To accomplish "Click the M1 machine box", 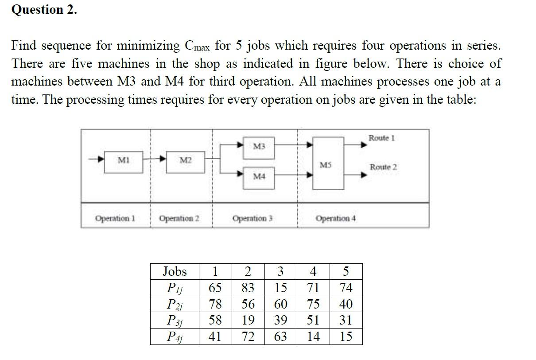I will tap(124, 162).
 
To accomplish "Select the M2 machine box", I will tap(185, 162).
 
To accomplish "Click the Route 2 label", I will tap(384, 167).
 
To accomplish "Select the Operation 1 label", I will tap(115, 218).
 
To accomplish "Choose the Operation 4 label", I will tap(335, 218).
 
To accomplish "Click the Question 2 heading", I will tap(44, 10).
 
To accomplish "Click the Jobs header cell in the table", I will tap(175, 271).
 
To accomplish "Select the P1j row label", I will tap(175, 288).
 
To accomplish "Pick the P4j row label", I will tap(175, 337).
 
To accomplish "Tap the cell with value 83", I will tap(248, 288).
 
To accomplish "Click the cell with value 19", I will tap(248, 320).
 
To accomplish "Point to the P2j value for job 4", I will tap(313, 304).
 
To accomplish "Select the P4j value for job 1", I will tap(215, 337).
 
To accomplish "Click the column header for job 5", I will tap(346, 271).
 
